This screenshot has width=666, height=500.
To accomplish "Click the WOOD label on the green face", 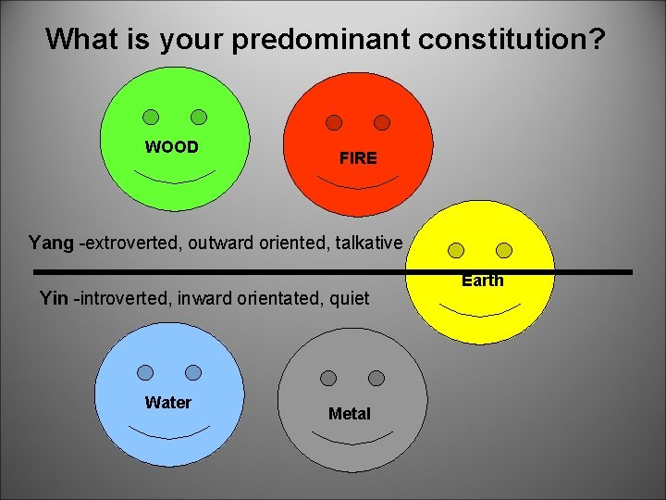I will coord(171,147).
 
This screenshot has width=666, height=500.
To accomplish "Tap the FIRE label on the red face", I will coord(358,158).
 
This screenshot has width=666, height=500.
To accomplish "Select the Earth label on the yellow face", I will coord(483,281).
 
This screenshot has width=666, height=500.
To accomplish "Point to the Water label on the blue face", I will coord(168,403).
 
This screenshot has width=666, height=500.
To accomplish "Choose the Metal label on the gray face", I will coord(349,414).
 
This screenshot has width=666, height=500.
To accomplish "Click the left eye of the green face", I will coord(151,118).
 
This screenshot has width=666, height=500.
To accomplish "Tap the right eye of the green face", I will coord(199,117).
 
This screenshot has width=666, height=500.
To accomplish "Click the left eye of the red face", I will coord(334,123).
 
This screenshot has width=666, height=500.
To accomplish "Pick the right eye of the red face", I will coord(382,123).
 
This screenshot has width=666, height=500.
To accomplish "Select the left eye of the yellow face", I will coord(455,251).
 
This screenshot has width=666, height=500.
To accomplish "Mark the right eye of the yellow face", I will coord(504,251).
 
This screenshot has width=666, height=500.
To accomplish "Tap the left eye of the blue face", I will coord(145,372).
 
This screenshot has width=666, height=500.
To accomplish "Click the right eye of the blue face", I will coord(193,372).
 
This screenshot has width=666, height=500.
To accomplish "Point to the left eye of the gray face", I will coord(328,378).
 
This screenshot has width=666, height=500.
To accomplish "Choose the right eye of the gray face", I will coord(376,378).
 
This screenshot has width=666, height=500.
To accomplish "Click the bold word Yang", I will coord(51,243).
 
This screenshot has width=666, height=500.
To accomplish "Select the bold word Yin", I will coord(53,298).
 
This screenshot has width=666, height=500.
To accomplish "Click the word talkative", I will coord(368,243).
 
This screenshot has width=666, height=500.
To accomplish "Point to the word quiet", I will coord(349,298).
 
